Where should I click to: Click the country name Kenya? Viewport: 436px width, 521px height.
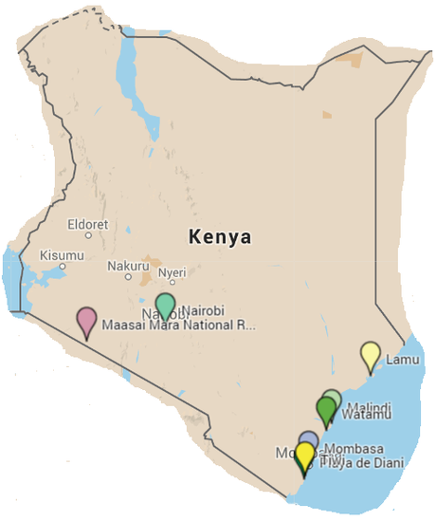[219, 236]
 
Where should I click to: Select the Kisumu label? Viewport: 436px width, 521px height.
[63, 255]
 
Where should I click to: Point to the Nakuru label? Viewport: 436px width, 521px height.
[128, 266]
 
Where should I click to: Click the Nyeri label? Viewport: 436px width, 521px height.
[172, 271]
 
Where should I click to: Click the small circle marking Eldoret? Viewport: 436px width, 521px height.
[89, 235]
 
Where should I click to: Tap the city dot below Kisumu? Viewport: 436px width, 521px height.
[63, 267]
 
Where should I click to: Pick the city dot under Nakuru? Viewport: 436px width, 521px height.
[129, 277]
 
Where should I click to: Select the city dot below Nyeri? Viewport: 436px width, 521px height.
[173, 282]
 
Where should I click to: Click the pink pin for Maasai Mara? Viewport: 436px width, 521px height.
[86, 321]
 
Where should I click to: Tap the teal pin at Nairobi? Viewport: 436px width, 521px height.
[165, 306]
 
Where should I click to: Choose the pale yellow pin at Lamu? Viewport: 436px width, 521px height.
[371, 355]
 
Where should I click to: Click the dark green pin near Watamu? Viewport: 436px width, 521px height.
[326, 410]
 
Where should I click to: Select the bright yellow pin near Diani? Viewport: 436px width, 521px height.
[304, 456]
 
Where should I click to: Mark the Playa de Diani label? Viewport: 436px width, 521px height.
[361, 462]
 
